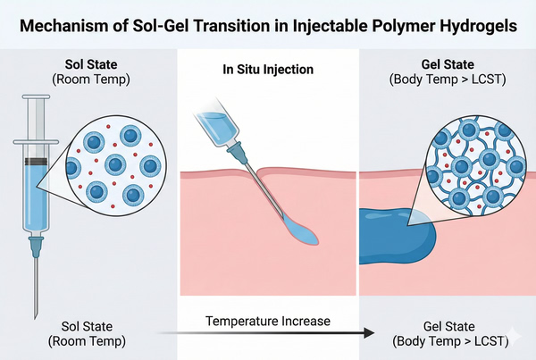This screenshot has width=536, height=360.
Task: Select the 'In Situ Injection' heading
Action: coord(269,70)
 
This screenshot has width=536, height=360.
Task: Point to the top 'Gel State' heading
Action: coord(444,64)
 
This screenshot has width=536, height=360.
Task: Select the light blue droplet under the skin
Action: coord(306,236)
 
